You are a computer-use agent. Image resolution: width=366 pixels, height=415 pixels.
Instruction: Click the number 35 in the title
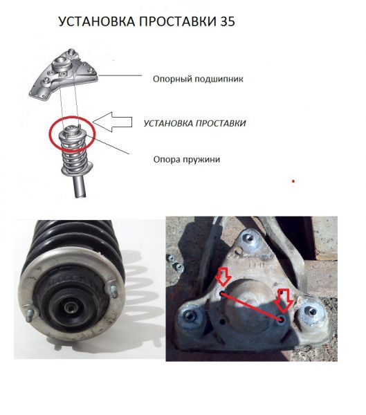227,21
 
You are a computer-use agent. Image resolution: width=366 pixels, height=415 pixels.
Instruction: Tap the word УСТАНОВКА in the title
96,21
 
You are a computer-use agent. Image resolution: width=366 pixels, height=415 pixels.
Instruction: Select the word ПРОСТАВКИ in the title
178,21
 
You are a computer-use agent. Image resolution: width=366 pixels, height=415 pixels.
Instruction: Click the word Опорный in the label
172,79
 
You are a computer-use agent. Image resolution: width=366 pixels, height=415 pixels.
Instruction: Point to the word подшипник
219,79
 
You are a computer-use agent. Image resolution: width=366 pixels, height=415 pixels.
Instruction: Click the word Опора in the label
165,159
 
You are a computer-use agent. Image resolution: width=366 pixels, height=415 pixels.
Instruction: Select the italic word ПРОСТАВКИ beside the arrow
221,123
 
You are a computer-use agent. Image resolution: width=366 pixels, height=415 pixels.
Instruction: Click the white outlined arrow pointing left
112,122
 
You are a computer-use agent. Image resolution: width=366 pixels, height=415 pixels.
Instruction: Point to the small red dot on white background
293,181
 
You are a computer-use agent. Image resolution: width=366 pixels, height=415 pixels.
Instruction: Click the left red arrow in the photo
223,277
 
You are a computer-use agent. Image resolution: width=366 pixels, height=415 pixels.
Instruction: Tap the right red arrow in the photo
284,300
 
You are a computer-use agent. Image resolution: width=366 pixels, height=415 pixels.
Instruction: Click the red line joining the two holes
252,306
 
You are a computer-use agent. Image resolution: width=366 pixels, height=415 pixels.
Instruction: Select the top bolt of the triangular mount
249,239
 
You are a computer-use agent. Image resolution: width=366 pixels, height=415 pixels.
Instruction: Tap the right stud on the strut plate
114,291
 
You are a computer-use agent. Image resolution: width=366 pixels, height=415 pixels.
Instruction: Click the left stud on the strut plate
29,315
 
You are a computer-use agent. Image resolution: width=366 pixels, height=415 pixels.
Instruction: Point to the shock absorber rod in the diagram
80,186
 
